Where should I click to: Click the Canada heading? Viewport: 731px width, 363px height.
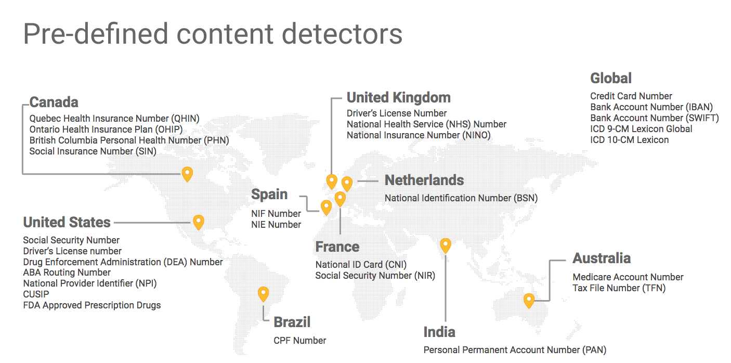54,102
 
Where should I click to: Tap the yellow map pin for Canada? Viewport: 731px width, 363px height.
187,174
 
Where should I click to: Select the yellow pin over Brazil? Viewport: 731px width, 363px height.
264,294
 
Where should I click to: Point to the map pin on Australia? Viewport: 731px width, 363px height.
529,300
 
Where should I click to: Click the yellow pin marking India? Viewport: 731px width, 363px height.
445,245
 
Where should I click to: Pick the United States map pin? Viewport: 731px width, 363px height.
198,222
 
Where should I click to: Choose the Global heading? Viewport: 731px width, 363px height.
611,79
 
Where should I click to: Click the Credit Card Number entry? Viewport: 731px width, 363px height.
631,96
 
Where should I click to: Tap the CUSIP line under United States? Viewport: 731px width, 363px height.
36,294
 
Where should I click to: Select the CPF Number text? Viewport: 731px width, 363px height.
299,341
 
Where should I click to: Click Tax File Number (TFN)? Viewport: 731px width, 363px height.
619,288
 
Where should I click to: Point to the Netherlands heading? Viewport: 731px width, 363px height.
424,180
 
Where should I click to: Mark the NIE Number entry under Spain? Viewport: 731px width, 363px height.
276,225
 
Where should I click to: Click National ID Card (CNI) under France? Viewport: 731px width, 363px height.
361,265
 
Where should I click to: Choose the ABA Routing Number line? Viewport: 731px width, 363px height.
67,273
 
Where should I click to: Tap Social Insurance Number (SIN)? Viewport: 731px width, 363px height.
93,151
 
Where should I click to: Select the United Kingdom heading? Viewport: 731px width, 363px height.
398,98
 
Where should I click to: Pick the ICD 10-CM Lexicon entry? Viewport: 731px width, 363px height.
629,140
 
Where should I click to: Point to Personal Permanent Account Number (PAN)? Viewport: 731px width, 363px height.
515,350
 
